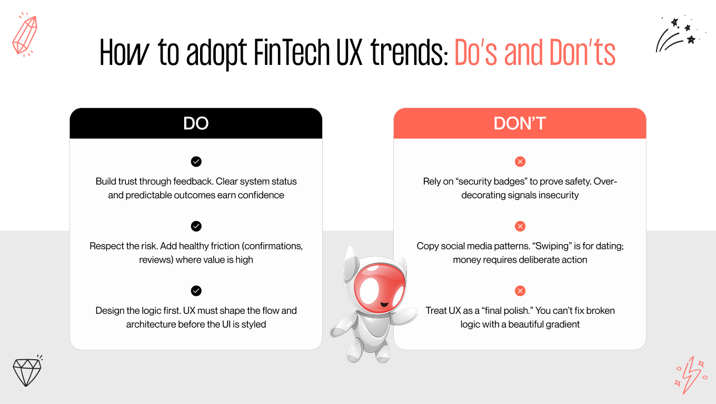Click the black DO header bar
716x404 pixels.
click(196, 123)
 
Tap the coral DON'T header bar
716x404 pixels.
click(520, 123)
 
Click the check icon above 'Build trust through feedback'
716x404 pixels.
click(196, 162)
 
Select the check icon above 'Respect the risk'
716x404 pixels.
click(196, 226)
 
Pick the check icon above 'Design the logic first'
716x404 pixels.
click(196, 291)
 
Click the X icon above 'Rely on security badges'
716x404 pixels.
click(520, 162)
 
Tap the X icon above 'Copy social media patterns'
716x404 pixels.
click(520, 226)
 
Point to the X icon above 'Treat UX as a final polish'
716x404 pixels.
click(520, 291)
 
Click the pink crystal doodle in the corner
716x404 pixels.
click(24, 35)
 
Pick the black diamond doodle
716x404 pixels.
click(27, 372)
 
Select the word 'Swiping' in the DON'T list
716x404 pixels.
click(533, 246)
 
